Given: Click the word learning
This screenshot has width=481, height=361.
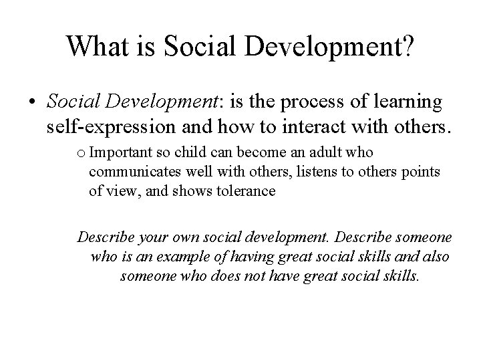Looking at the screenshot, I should [x=404, y=102].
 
